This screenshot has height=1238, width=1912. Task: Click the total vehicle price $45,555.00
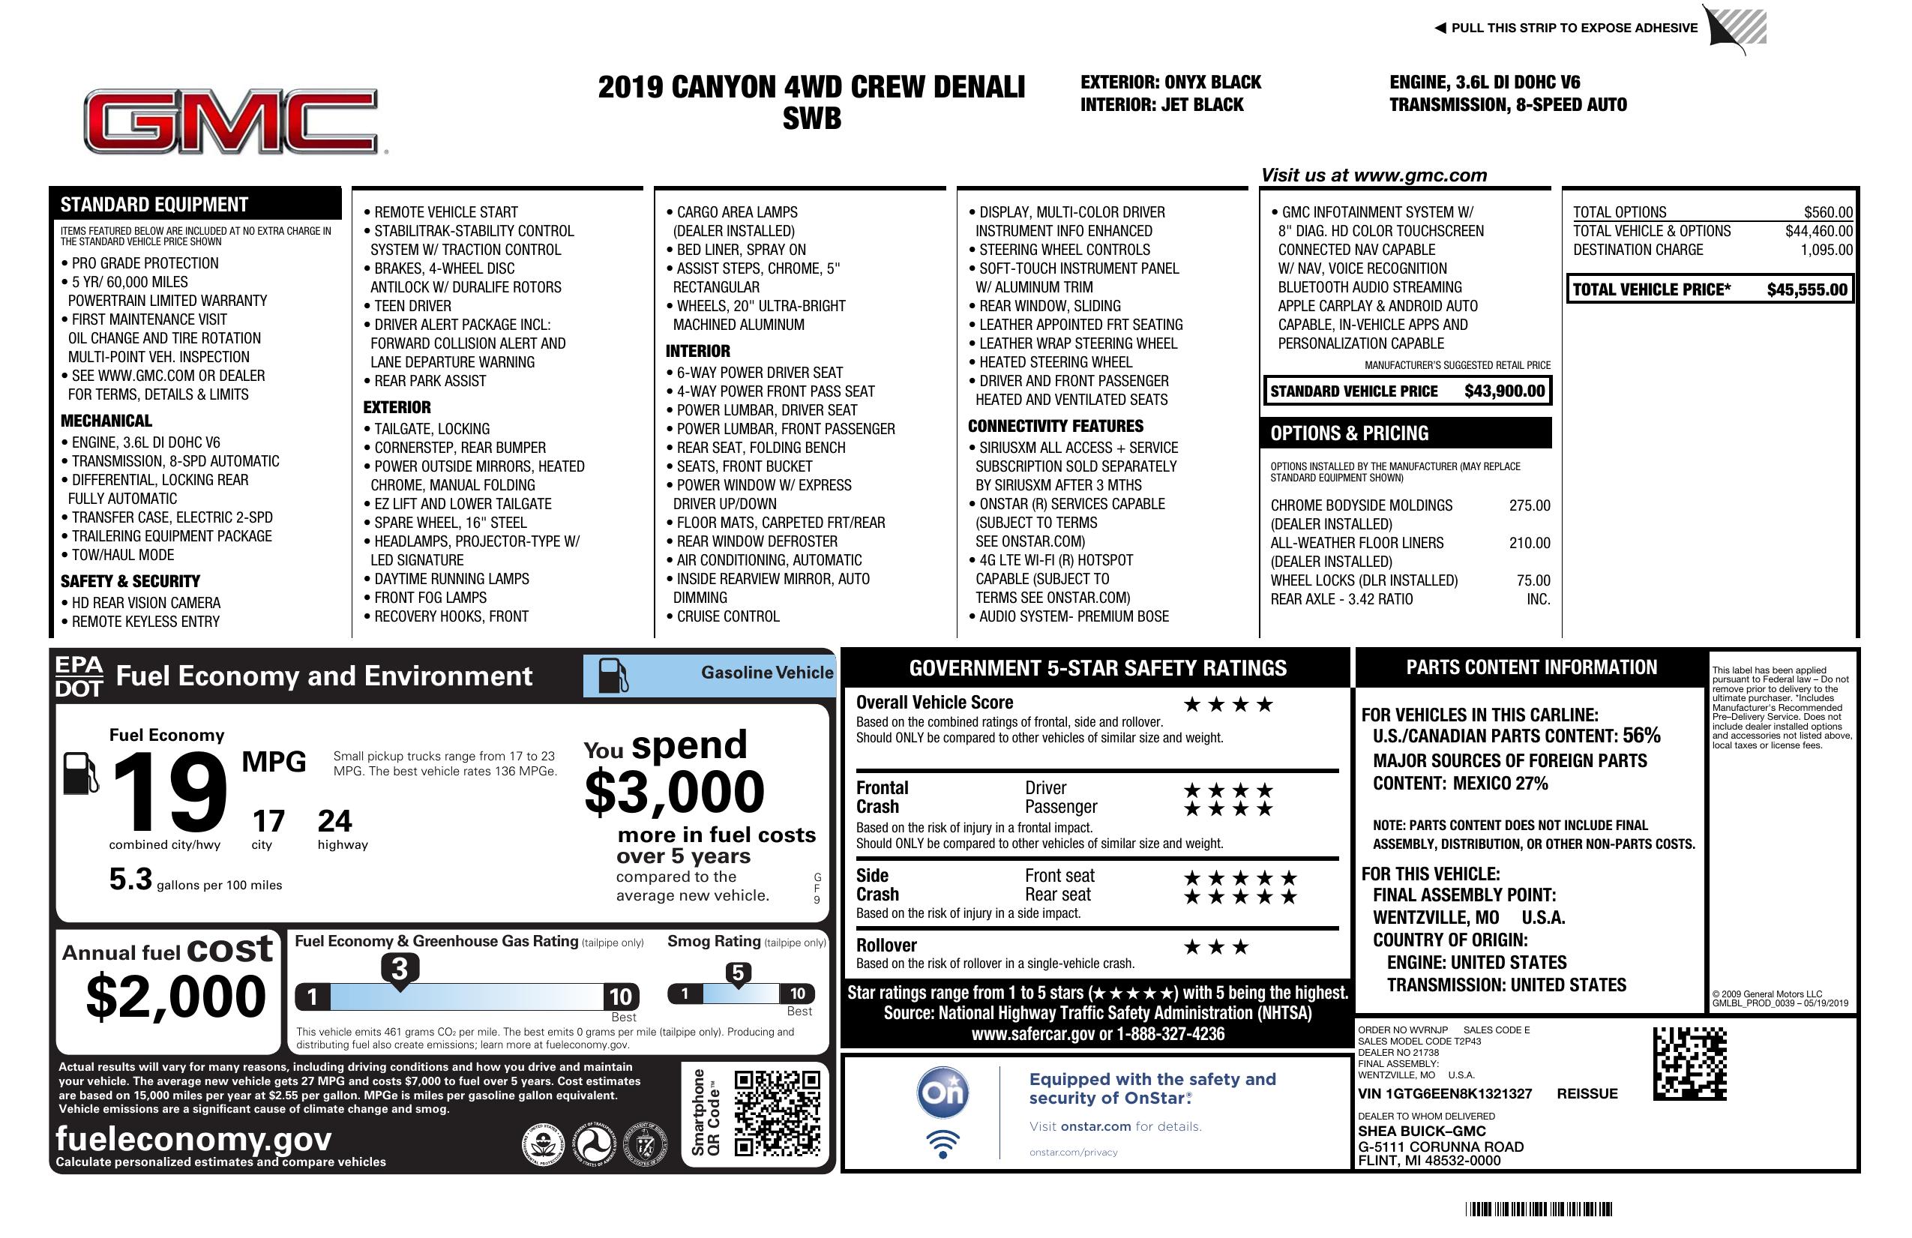coord(1807,290)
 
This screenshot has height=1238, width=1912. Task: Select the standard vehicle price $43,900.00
coord(1504,391)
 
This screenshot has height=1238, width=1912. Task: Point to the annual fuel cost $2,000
coord(175,997)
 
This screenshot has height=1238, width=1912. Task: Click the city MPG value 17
coord(268,821)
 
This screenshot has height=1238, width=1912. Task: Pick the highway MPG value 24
coord(334,821)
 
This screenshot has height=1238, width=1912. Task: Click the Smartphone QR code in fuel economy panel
coord(777,1113)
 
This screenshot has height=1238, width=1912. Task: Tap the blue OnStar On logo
coord(943,1093)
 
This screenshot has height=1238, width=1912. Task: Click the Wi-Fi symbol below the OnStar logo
coord(943,1144)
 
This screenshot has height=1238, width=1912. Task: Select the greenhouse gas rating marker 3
coord(399,969)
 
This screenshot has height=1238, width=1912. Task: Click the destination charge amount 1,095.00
coord(1826,250)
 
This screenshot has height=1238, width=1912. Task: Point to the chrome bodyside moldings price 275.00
coord(1529,505)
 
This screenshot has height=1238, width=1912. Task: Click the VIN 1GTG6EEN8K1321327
coord(1444,1093)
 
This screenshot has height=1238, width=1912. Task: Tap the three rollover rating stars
coord(1216,947)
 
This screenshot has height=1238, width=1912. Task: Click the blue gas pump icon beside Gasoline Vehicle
coord(613,676)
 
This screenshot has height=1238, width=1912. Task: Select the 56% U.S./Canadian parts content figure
coord(1641,735)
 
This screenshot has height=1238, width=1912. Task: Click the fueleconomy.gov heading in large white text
coord(193,1139)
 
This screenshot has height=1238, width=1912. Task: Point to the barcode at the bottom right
coord(1538,1209)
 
